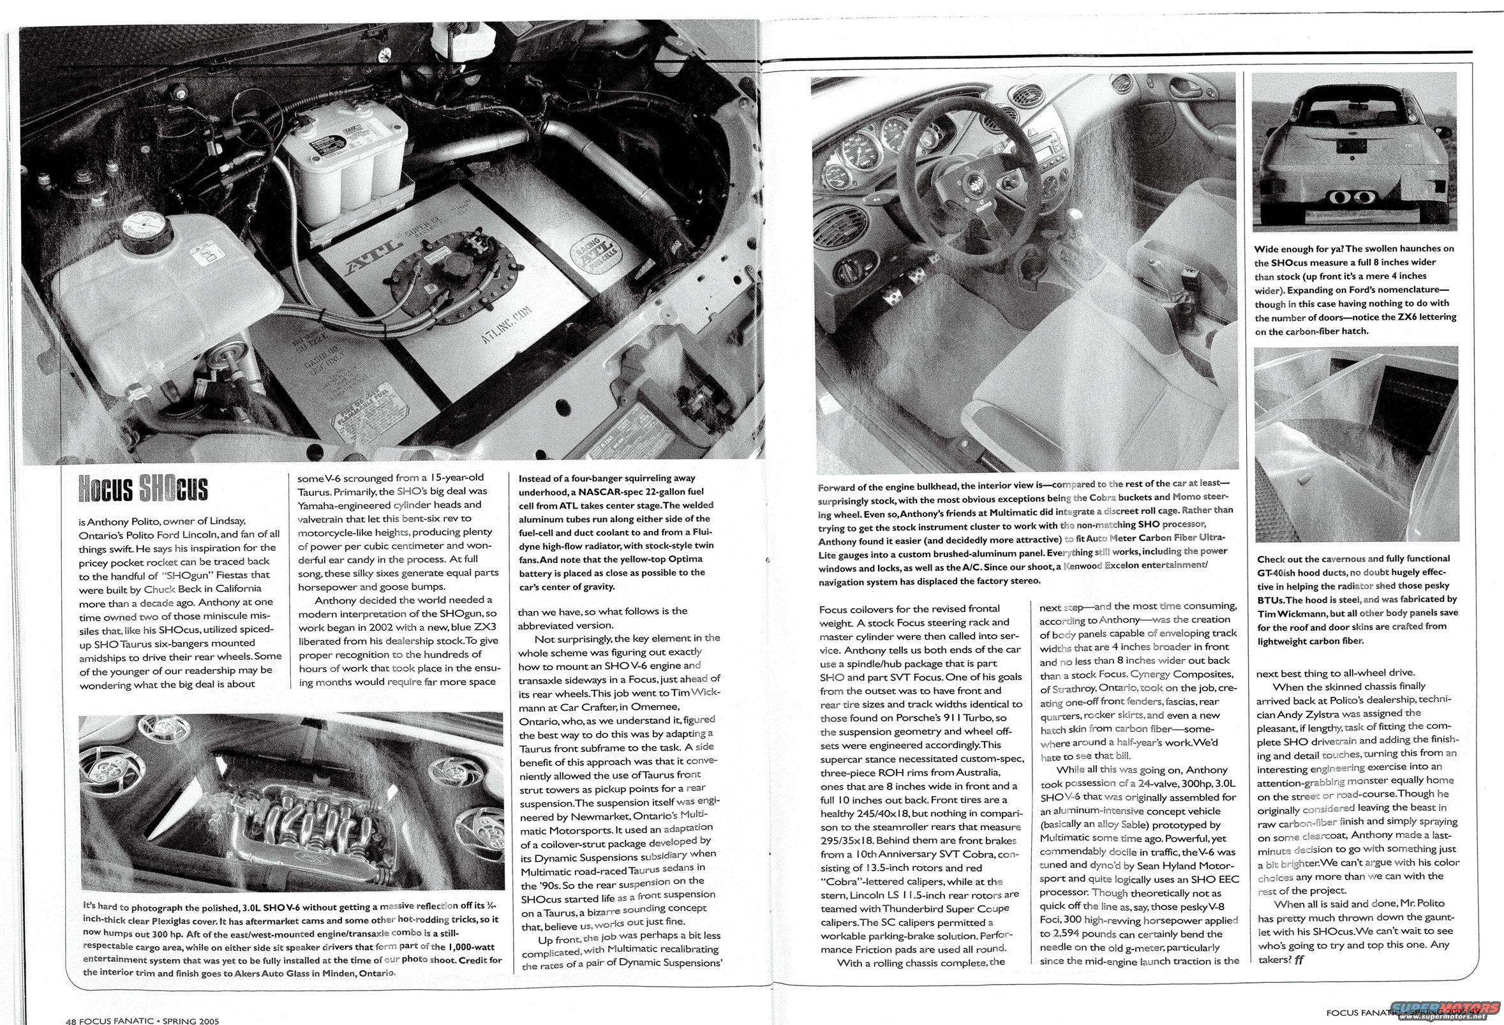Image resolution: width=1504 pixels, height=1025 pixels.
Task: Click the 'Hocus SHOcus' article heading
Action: [144, 488]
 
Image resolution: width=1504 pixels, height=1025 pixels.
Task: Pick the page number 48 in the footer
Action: [72, 1021]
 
